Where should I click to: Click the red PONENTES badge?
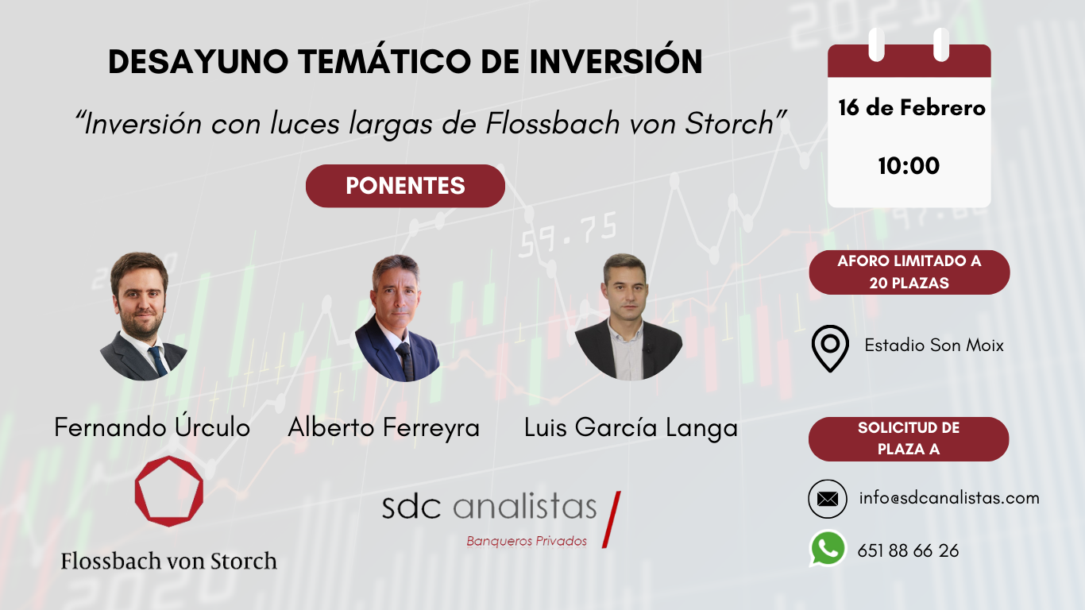[x=405, y=186]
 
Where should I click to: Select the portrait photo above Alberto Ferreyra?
[x=397, y=318]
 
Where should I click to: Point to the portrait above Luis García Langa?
[x=628, y=317]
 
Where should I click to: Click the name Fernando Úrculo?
[x=152, y=428]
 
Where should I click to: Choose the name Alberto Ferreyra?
[x=384, y=428]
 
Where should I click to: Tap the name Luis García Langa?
[x=631, y=428]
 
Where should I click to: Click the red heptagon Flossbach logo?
[x=168, y=491]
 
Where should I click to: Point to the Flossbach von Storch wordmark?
[x=168, y=561]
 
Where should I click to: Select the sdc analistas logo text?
[x=488, y=507]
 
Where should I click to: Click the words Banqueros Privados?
[x=527, y=542]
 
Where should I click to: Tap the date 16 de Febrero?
[x=911, y=108]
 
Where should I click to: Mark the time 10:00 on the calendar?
[x=909, y=166]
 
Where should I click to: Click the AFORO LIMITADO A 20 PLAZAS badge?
[x=909, y=272]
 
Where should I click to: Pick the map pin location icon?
[x=830, y=350]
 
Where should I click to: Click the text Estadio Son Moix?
[x=934, y=346]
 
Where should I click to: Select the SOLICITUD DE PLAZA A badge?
[x=909, y=438]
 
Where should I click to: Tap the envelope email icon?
[x=827, y=500]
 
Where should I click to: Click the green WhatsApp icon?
[x=828, y=549]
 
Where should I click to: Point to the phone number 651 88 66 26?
[x=908, y=550]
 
